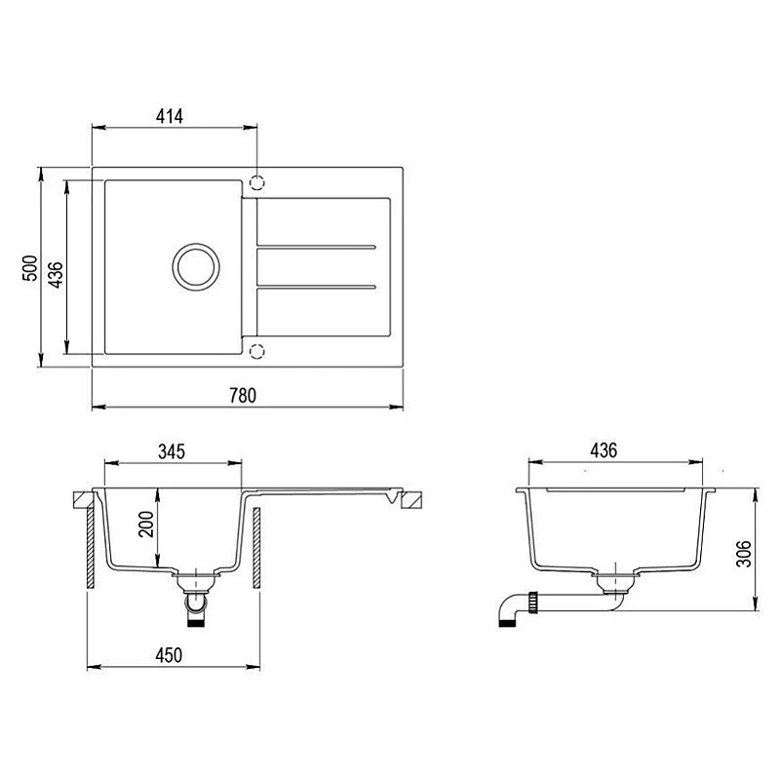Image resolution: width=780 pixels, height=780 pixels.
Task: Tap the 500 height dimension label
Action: (28, 268)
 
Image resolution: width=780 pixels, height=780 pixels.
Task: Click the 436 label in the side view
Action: (604, 450)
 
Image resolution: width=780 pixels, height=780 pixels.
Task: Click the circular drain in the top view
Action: (194, 265)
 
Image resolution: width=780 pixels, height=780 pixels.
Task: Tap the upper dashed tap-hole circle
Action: (257, 182)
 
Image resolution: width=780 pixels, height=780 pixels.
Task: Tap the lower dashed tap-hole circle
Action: (257, 351)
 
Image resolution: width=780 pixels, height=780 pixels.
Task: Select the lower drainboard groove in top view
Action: (315, 287)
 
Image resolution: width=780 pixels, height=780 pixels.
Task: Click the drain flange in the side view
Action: (614, 582)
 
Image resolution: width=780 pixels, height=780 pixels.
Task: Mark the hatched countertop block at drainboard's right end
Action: (412, 500)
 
